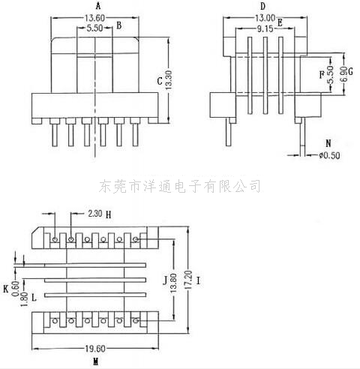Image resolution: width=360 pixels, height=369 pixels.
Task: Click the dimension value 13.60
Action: (94, 18)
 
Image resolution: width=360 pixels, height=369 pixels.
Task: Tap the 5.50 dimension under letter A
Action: (94, 28)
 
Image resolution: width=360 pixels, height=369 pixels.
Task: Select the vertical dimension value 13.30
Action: (169, 80)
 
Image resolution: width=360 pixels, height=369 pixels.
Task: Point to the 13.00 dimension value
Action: (265, 18)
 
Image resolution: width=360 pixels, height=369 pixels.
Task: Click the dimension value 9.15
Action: (265, 29)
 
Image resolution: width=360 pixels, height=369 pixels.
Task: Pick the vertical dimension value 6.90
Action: (344, 73)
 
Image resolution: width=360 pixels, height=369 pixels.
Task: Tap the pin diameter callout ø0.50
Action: (329, 155)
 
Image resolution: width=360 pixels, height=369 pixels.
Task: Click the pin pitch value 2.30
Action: (95, 214)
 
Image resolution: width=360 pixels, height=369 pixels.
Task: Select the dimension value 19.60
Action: (95, 349)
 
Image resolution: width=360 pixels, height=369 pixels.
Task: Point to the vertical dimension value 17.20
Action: (189, 280)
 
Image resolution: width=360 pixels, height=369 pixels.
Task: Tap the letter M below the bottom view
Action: (95, 361)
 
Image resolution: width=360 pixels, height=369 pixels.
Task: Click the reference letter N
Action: (328, 143)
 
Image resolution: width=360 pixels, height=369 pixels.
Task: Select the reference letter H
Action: (108, 214)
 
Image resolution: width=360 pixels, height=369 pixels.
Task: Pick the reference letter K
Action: (6, 289)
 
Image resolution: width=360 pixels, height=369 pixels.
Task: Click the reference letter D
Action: (262, 6)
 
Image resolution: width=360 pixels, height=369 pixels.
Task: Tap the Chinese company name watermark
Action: (179, 186)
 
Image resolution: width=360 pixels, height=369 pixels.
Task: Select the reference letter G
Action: (350, 71)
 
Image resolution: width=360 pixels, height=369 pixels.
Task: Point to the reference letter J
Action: (165, 280)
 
